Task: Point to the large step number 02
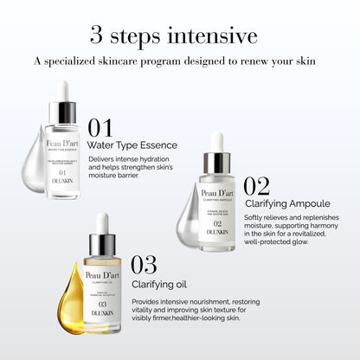tap(256, 187)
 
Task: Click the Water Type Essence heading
tap(132, 145)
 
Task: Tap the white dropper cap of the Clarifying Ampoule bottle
tap(217, 142)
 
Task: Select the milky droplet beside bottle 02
tap(188, 221)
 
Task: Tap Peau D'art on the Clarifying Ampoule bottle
tap(217, 193)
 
